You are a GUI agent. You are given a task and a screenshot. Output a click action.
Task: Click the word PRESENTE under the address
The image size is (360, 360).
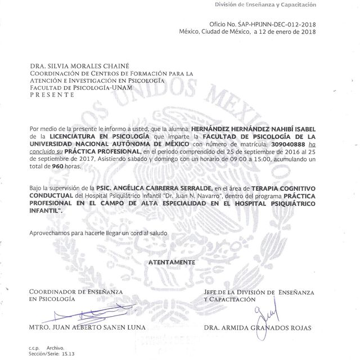tap(52, 95)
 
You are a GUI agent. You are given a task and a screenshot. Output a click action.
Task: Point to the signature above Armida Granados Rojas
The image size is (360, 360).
tap(260, 316)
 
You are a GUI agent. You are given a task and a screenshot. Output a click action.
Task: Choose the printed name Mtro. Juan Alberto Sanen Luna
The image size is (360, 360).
tap(87, 327)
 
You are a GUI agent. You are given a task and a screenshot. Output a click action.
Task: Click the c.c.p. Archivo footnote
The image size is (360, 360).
tap(47, 348)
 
